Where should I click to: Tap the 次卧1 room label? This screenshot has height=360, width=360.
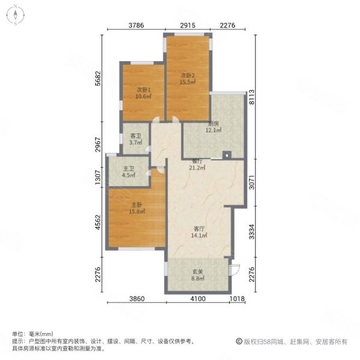point(143,90)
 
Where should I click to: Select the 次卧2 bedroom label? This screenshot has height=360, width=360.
point(188,75)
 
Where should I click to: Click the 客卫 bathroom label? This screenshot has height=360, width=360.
point(136,136)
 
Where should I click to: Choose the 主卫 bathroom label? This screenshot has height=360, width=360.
point(127,169)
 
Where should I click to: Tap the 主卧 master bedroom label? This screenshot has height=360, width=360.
point(136,205)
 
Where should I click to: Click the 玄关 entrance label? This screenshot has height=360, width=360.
point(197,272)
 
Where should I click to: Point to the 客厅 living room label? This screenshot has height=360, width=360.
point(200,229)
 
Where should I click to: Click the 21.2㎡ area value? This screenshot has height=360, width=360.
point(198,168)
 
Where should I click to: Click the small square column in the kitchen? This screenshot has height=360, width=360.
point(227,155)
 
